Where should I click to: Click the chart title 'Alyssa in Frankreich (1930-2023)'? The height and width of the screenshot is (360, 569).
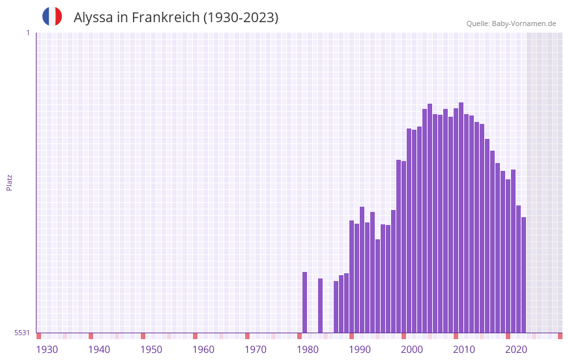[176, 18]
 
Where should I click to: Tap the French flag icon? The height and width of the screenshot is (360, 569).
[52, 16]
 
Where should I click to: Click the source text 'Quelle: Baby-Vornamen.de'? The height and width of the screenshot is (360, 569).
[511, 23]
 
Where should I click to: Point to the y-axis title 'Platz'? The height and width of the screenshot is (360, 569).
[9, 182]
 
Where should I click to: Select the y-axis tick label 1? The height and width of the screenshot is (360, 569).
[27, 33]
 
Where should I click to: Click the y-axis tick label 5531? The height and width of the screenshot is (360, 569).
[22, 333]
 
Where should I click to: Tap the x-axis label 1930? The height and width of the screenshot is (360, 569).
[47, 350]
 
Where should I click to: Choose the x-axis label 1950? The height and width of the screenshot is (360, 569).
[151, 350]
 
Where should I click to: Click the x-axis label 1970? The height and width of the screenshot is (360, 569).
[255, 350]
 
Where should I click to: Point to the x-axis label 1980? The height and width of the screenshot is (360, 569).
[308, 350]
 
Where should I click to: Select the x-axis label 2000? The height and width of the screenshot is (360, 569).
[412, 350]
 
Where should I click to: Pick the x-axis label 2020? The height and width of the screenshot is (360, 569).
[516, 350]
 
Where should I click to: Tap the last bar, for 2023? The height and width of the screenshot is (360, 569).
[523, 275]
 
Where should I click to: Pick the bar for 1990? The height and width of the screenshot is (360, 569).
[351, 277]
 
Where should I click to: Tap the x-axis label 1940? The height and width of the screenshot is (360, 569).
[99, 350]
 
